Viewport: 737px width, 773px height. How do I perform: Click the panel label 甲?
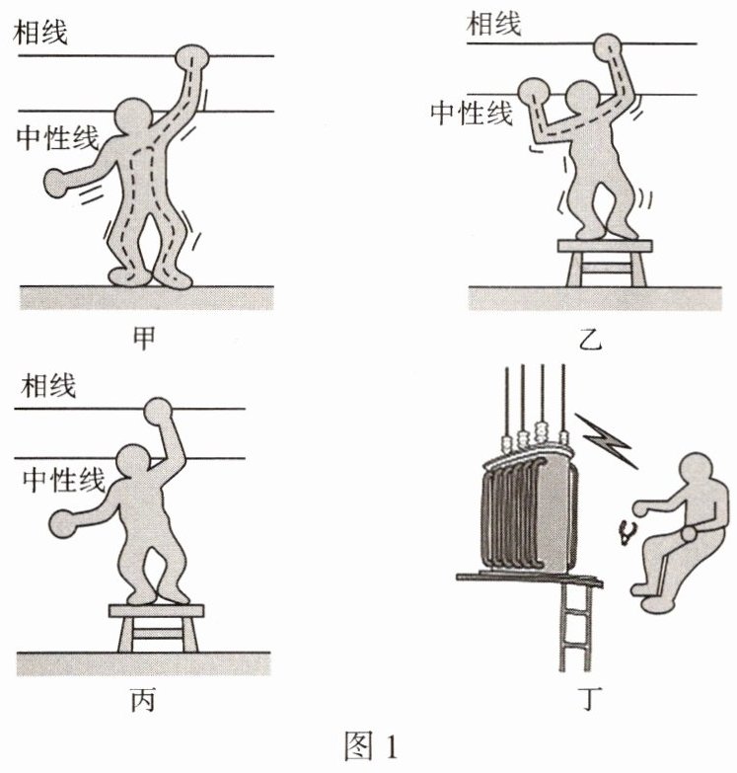[144, 339]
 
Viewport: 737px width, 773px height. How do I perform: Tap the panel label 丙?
[143, 700]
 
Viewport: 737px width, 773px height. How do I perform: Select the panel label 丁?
[590, 699]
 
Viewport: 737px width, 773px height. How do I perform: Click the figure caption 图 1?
[370, 746]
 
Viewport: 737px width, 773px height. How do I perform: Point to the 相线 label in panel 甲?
[40, 32]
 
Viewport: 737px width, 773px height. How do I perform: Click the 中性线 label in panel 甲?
[58, 136]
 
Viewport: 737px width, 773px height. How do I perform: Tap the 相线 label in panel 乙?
[493, 23]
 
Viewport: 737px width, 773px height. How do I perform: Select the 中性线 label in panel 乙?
[472, 113]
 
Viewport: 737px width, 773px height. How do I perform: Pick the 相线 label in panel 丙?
[48, 385]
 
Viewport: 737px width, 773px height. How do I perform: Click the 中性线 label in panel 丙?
[64, 479]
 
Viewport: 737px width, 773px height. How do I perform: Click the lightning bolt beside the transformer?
[608, 440]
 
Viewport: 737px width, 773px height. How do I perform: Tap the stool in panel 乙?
[605, 263]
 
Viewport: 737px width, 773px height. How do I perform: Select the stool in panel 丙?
[157, 628]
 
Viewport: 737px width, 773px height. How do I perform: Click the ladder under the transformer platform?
[575, 626]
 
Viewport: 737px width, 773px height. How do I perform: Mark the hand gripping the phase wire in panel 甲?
[192, 57]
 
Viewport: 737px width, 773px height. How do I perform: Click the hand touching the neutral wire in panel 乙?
[534, 92]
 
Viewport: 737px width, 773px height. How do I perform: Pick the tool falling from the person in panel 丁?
[627, 532]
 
